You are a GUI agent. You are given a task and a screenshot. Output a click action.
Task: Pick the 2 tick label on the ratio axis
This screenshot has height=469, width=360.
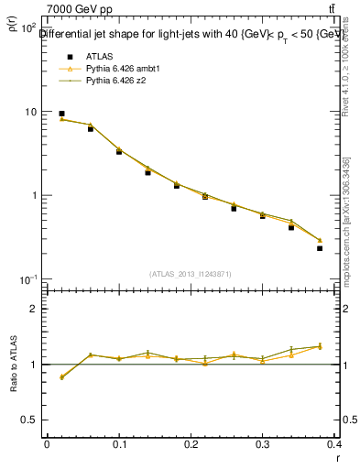pos(34,309)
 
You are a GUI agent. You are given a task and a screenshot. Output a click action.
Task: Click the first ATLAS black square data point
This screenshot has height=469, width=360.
pos(61,114)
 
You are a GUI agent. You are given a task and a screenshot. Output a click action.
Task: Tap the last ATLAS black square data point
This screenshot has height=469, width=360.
pos(320,248)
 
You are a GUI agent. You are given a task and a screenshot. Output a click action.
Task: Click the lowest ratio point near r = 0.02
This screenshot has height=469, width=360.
pos(61,377)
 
